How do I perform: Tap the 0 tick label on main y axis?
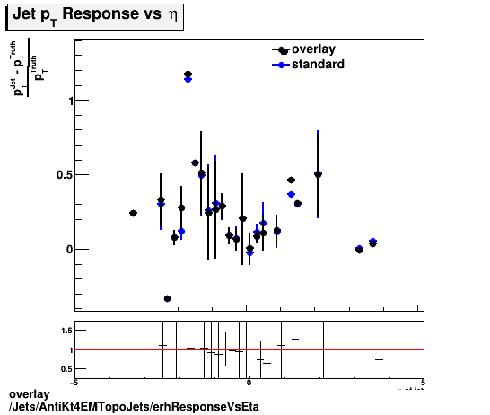tap(67, 249)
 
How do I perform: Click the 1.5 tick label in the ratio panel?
tap(66, 331)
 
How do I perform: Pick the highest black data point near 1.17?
tap(188, 75)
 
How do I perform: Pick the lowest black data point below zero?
tap(167, 298)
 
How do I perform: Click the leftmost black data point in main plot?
tap(133, 213)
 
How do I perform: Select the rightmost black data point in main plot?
tap(372, 243)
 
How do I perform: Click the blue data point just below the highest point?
tap(188, 80)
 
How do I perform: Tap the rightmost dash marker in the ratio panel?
tap(379, 359)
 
